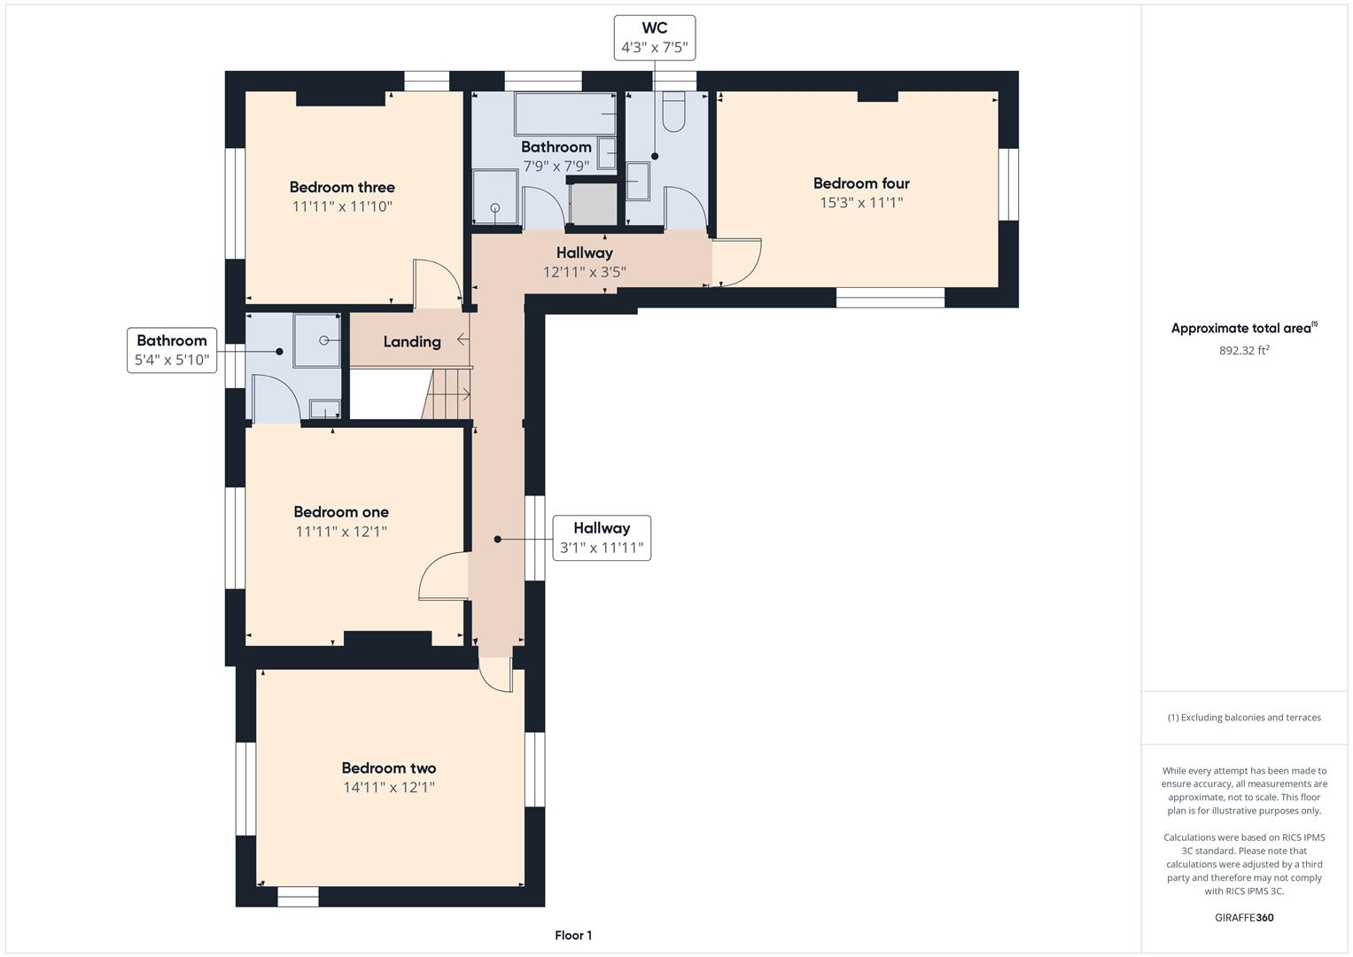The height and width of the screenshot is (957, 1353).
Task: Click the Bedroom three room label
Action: [342, 187]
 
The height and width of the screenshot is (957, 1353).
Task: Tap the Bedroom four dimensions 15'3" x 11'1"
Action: [861, 203]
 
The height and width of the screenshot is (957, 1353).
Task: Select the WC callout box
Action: [655, 37]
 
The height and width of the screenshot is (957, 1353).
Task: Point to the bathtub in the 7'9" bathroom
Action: [565, 113]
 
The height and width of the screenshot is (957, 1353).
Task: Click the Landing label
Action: [412, 341]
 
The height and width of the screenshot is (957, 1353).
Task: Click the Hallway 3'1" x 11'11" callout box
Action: [602, 538]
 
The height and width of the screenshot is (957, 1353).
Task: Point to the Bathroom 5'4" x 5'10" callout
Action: [172, 350]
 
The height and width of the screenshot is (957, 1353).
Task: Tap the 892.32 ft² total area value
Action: [1244, 351]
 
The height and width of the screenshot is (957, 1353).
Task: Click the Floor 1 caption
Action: [573, 935]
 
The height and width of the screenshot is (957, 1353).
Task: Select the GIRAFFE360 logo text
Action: [1244, 917]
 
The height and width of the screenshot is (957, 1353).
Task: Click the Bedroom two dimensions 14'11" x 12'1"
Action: [389, 788]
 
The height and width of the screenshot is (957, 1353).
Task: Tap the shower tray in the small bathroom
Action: [317, 339]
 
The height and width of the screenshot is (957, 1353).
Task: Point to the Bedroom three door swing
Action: [436, 282]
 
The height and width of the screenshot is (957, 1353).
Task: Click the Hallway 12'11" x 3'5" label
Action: [585, 262]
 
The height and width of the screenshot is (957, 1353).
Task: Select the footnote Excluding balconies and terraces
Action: [1244, 718]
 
